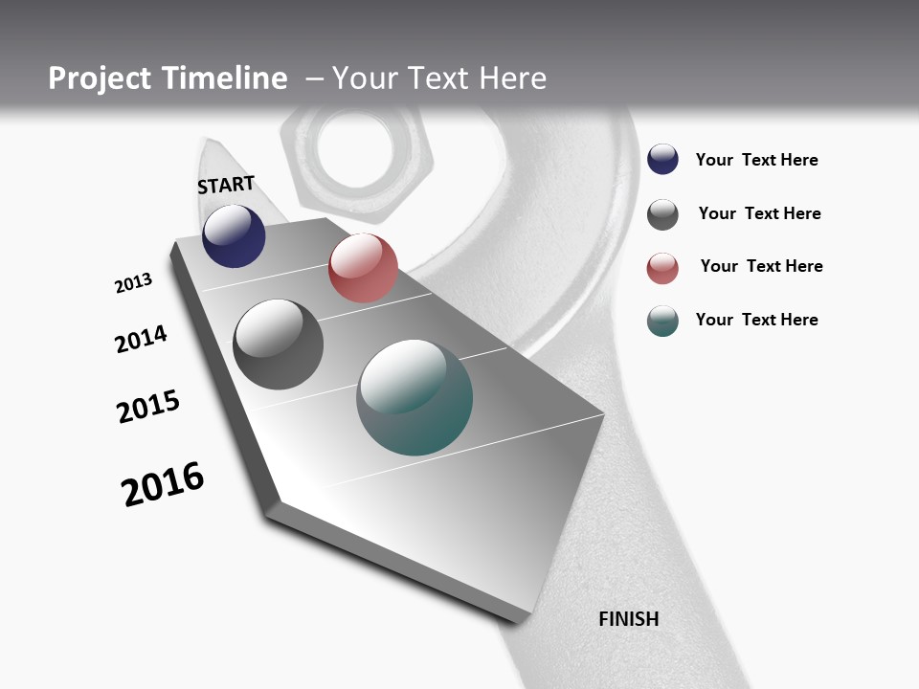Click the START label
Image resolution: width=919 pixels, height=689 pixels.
click(226, 184)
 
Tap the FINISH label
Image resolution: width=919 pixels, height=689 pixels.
click(628, 619)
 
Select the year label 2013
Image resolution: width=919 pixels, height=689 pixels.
click(133, 283)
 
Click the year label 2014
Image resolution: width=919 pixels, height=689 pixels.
click(141, 339)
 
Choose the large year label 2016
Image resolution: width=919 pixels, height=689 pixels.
click(163, 484)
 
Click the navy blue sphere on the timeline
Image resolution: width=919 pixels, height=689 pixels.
click(234, 236)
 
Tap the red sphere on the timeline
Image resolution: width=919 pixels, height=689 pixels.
click(363, 268)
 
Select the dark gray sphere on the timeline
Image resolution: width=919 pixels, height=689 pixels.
click(278, 344)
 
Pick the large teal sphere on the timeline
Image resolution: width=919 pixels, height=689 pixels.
click(415, 397)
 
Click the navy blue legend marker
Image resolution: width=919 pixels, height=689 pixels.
click(662, 160)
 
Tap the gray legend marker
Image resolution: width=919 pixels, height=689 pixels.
click(662, 214)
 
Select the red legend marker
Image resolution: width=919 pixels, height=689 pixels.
click(662, 268)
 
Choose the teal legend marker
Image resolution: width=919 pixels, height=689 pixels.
click(662, 321)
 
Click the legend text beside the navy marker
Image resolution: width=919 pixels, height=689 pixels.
click(756, 160)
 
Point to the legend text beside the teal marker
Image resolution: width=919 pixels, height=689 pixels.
click(756, 320)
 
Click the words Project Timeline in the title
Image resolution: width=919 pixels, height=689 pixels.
click(168, 78)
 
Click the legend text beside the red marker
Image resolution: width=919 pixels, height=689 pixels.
click(761, 266)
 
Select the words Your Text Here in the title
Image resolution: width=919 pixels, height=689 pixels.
click(438, 78)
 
